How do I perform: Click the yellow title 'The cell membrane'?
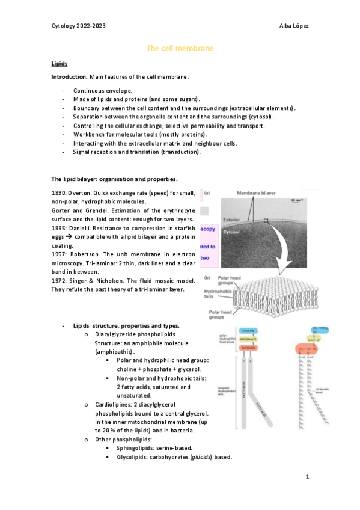(x=180, y=48)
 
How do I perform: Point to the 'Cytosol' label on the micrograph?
(x=232, y=230)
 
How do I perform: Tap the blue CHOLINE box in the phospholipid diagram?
(x=248, y=331)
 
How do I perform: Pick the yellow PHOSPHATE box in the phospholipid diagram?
(x=248, y=339)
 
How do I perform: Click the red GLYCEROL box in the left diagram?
(x=248, y=348)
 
